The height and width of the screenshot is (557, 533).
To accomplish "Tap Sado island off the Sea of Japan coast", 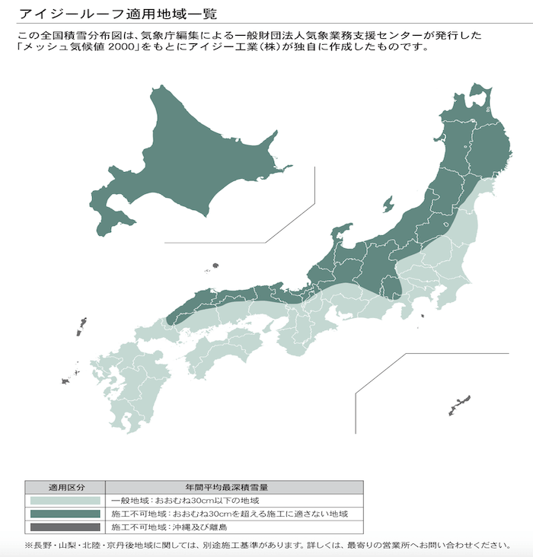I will [x=388, y=205].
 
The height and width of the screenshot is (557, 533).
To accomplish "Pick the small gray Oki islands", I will [x=215, y=266].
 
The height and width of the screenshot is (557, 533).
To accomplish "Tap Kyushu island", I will [x=137, y=380].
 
